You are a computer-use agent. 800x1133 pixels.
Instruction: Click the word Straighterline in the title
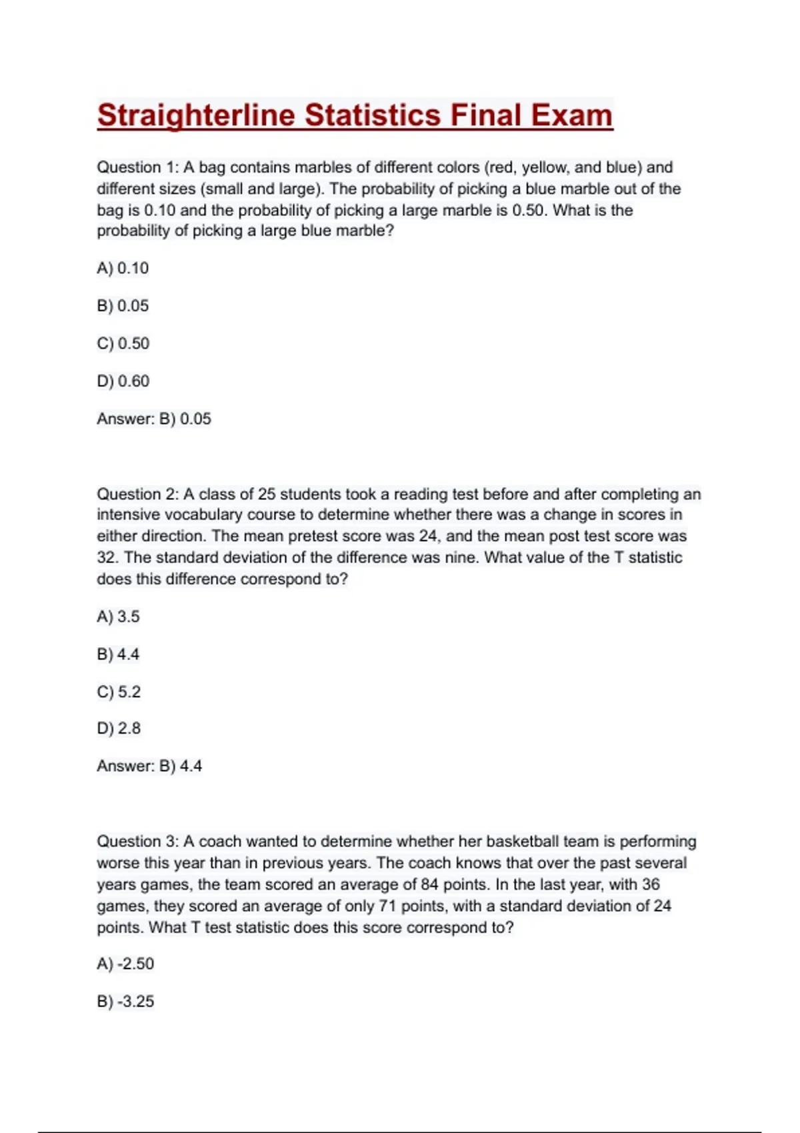196,116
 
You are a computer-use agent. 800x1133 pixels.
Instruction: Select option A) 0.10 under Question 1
123,268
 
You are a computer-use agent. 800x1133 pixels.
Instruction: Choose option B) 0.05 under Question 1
123,306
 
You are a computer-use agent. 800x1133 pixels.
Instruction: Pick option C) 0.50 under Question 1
123,343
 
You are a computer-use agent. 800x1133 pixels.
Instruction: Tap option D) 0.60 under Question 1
123,381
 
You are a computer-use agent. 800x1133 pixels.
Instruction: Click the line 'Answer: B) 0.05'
154,419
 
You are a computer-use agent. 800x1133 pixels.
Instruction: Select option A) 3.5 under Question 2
118,616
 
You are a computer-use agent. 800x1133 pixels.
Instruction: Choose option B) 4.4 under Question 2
118,654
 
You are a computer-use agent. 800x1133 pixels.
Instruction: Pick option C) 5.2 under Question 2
119,692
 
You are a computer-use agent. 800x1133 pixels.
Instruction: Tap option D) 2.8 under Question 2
119,728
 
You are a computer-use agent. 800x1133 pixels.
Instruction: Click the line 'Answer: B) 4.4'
149,766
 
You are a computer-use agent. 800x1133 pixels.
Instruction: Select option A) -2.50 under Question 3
125,964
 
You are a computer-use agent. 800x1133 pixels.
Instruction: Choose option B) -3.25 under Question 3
125,1001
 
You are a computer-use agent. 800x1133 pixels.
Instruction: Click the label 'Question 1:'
138,167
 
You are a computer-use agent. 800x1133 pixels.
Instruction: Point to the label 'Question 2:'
138,494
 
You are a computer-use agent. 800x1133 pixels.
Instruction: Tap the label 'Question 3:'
138,841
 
